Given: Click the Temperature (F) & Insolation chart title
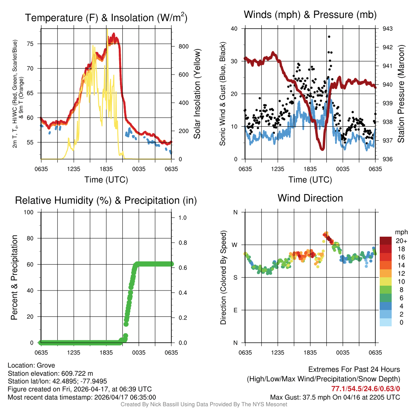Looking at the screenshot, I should click(106, 18).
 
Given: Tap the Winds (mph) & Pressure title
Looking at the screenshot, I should click(310, 15).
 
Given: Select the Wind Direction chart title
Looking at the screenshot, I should click(310, 198).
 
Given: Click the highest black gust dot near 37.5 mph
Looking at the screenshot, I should click(329, 37).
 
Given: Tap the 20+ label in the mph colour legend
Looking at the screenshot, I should click(401, 241).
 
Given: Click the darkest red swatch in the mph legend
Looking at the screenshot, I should click(386, 241).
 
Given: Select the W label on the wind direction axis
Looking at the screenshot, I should click(235, 245).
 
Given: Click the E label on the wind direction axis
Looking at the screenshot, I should click(235, 310).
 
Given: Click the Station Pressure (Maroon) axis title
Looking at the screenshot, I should click(401, 94).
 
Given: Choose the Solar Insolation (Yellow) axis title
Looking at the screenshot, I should click(197, 94).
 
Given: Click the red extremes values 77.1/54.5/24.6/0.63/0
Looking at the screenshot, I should click(366, 388).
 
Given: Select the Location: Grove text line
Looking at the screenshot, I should click(31, 365).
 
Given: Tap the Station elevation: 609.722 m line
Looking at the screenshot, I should click(50, 373).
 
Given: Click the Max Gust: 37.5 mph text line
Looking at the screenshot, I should click(335, 397).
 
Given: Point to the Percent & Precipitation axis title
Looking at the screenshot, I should click(14, 277).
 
